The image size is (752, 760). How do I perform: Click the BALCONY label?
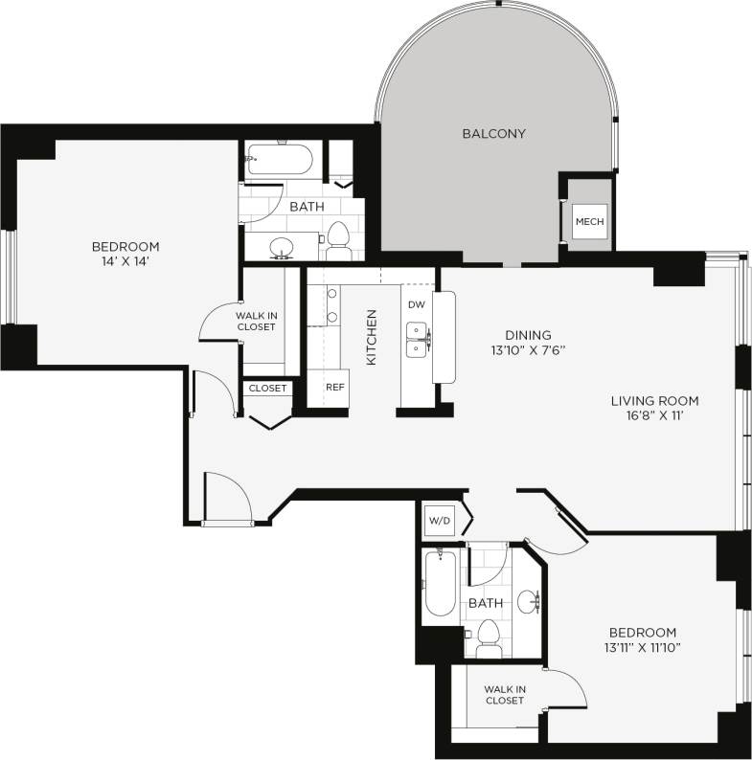pyautogui.click(x=493, y=134)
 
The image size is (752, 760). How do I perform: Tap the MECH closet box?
pyautogui.click(x=589, y=222)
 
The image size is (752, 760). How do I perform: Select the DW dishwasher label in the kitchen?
pyautogui.click(x=416, y=304)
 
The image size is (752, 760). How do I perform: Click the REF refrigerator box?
pyautogui.click(x=334, y=389)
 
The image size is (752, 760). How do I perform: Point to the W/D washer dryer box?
pyautogui.click(x=439, y=522)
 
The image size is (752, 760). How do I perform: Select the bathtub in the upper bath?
pyautogui.click(x=281, y=161)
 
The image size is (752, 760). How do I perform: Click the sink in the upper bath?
pyautogui.click(x=281, y=247)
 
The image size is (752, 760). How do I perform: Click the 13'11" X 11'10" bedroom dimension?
pyautogui.click(x=642, y=648)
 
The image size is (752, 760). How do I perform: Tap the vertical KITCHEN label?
pyautogui.click(x=372, y=336)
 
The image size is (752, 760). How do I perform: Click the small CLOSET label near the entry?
pyautogui.click(x=267, y=389)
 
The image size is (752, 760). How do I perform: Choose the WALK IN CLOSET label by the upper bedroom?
pyautogui.click(x=256, y=321)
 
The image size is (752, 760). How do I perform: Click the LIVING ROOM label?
pyautogui.click(x=654, y=401)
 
